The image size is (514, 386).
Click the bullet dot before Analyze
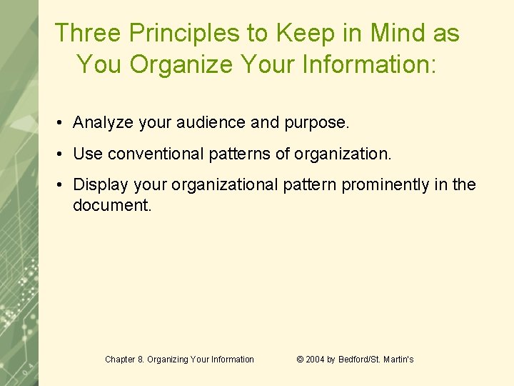tap(63, 124)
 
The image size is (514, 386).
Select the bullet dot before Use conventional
tap(63, 154)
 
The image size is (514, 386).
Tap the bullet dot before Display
tap(63, 185)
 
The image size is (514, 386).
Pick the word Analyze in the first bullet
tap(104, 123)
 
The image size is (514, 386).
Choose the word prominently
tap(386, 184)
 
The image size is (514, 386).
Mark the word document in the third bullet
tap(112, 206)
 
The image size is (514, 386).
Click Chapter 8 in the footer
tap(126, 360)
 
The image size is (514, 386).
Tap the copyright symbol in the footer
tap(300, 360)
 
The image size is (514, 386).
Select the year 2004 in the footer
tap(315, 360)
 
